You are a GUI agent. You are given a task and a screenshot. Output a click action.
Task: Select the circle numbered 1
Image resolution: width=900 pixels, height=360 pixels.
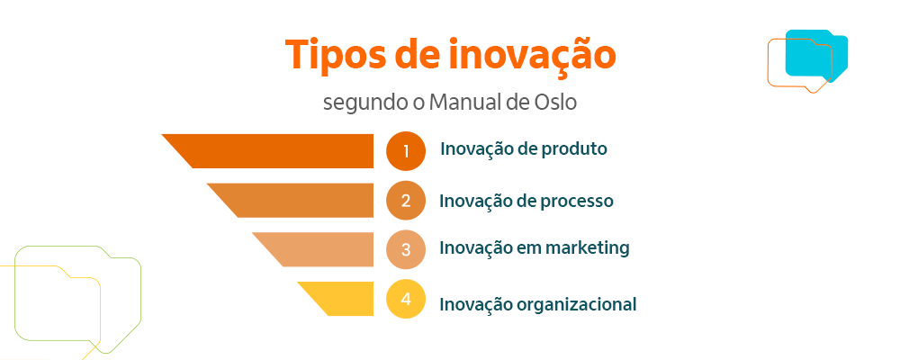pyautogui.click(x=405, y=151)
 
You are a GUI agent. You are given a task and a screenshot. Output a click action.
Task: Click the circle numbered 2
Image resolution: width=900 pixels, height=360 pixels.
pyautogui.click(x=405, y=201)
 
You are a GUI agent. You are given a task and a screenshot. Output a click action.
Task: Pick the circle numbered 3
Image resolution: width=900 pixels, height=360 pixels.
pyautogui.click(x=405, y=250)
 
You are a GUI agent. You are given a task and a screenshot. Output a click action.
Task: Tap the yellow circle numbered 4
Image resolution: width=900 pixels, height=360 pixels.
pyautogui.click(x=405, y=300)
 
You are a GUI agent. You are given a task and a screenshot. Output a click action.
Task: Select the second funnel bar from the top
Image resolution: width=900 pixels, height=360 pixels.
pyautogui.click(x=297, y=201)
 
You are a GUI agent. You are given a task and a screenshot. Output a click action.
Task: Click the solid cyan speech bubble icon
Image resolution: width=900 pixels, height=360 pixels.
pyautogui.click(x=816, y=54)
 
